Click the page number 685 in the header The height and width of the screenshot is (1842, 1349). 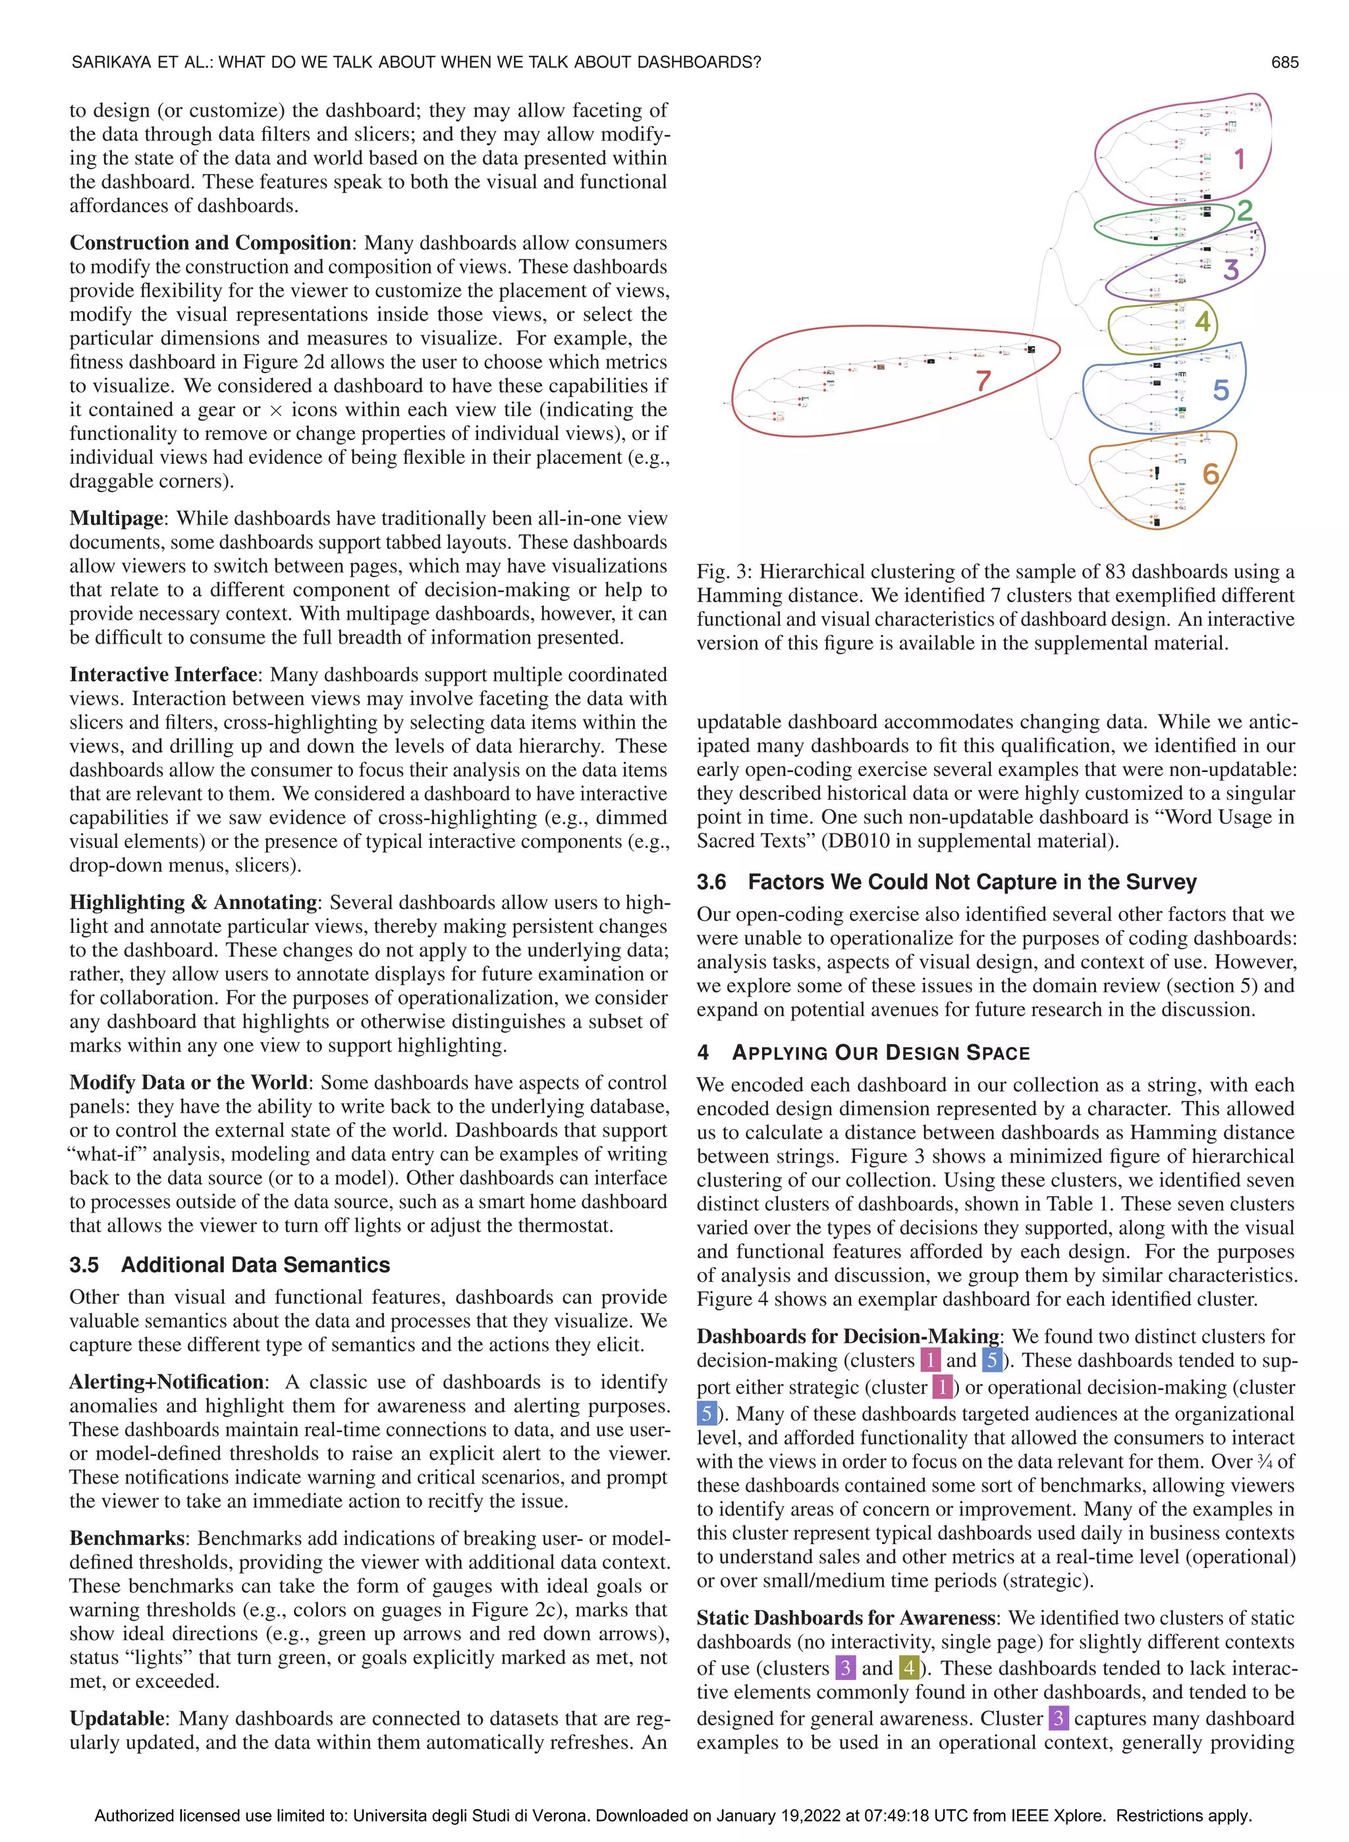point(1284,62)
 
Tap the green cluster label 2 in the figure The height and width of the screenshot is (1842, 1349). point(1244,211)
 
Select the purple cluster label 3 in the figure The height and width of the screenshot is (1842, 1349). point(1231,269)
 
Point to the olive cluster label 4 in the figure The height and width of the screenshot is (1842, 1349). point(1203,321)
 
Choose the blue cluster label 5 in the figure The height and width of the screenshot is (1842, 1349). point(1221,390)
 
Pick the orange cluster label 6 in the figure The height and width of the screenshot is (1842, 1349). point(1211,474)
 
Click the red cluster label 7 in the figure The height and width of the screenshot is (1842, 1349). point(983,381)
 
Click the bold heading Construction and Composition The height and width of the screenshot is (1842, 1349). point(210,243)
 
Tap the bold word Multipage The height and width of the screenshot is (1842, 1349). point(117,518)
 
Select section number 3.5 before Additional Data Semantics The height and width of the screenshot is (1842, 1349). point(84,1265)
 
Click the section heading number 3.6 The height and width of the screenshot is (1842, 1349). point(711,882)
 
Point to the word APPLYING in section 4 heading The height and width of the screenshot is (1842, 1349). point(778,1053)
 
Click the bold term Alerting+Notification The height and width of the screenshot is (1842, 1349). point(167,1381)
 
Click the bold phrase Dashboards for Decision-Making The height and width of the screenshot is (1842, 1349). point(848,1337)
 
